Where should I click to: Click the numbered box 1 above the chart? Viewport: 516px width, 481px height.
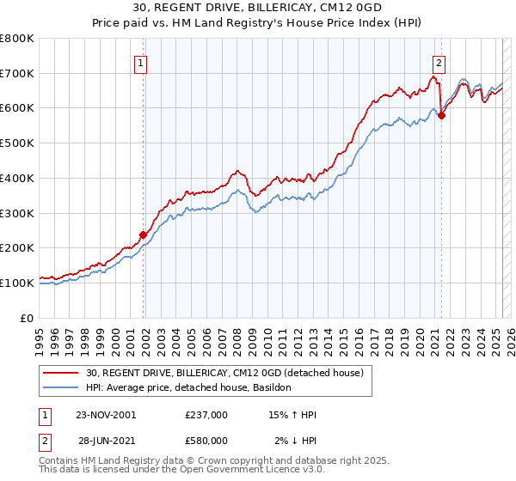pyautogui.click(x=140, y=62)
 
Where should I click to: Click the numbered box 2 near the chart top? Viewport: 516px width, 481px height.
pyautogui.click(x=439, y=62)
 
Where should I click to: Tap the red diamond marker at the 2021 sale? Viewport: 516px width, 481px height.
pyautogui.click(x=441, y=116)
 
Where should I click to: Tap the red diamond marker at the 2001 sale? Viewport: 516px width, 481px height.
pyautogui.click(x=144, y=234)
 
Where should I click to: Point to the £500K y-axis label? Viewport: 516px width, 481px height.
pyautogui.click(x=17, y=143)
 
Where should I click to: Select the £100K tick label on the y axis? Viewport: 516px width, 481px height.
pyautogui.click(x=17, y=283)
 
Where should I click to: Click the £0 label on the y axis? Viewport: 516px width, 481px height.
pyautogui.click(x=27, y=318)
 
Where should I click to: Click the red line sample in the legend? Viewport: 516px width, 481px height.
pyautogui.click(x=62, y=373)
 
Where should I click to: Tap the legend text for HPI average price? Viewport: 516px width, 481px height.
pyautogui.click(x=189, y=388)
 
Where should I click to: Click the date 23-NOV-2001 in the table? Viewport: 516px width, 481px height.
pyautogui.click(x=107, y=415)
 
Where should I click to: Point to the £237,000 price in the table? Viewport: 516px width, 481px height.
pyautogui.click(x=206, y=415)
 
